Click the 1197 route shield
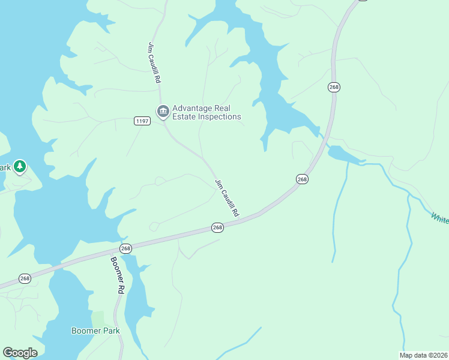tap(142, 121)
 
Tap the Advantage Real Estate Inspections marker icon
tap(163, 112)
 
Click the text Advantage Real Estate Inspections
tap(206, 112)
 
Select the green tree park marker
tap(20, 166)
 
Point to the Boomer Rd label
tap(117, 275)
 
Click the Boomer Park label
tap(95, 331)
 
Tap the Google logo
tap(20, 353)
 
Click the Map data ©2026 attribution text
tap(423, 355)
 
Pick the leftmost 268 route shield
tap(25, 278)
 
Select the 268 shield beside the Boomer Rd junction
tap(125, 248)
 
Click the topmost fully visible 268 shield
tap(334, 87)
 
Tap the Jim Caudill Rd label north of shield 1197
tap(154, 62)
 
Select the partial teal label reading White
tap(439, 217)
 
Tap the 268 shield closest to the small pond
tap(302, 179)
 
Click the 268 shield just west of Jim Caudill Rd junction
tap(217, 227)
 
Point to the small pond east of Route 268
tap(342, 154)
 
